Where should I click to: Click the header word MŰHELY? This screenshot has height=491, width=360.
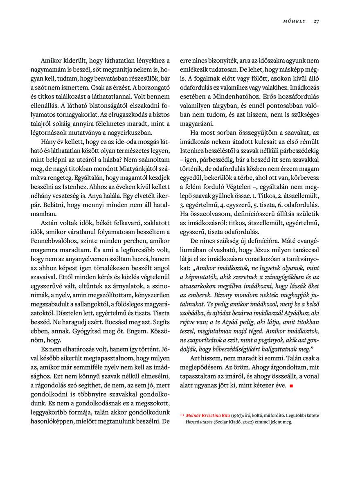(294, 21)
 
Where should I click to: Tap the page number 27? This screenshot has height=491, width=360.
(316, 21)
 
